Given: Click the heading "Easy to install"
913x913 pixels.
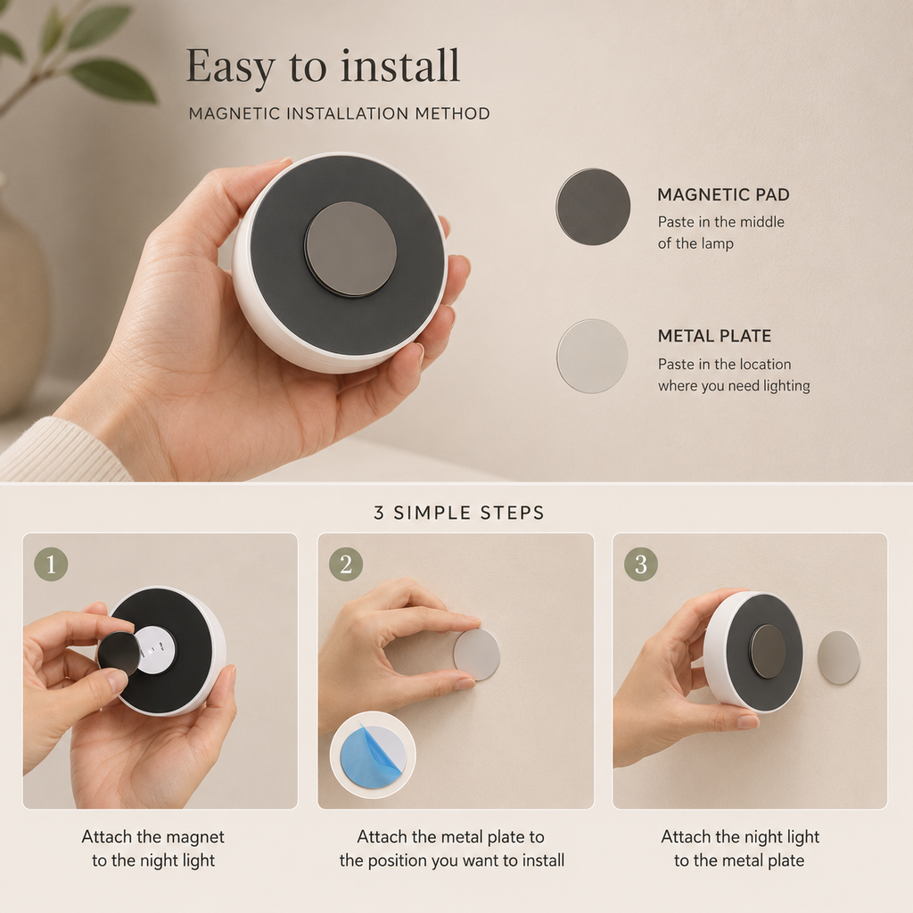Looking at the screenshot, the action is pos(323,66).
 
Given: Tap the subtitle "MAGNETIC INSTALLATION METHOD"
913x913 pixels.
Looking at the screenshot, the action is pos(339,113).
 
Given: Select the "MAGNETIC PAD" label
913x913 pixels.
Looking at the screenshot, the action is pos(723,194).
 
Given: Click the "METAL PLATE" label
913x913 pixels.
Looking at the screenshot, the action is pos(714,336).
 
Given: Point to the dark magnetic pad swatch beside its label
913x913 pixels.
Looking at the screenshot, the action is pos(593,207).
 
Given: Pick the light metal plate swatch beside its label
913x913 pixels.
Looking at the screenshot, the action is pos(592,356).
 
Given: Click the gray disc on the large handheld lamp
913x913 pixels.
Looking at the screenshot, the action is pos(350,250).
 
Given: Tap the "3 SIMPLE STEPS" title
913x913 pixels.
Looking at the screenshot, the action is pos(459,513).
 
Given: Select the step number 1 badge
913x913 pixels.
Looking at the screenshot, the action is pos(51,563).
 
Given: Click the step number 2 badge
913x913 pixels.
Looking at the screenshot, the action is pos(346,563).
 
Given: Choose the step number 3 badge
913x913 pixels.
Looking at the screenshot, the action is pos(640,563).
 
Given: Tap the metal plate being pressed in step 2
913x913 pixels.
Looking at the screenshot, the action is pos(476,654).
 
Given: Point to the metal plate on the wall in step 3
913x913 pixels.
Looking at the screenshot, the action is pos(838,657).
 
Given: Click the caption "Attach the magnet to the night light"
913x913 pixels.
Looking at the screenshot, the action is pos(152,849).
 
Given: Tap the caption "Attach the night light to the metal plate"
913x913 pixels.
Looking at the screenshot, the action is pos(739,849).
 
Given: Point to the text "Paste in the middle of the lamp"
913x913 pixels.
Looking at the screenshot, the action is pos(720,233).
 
